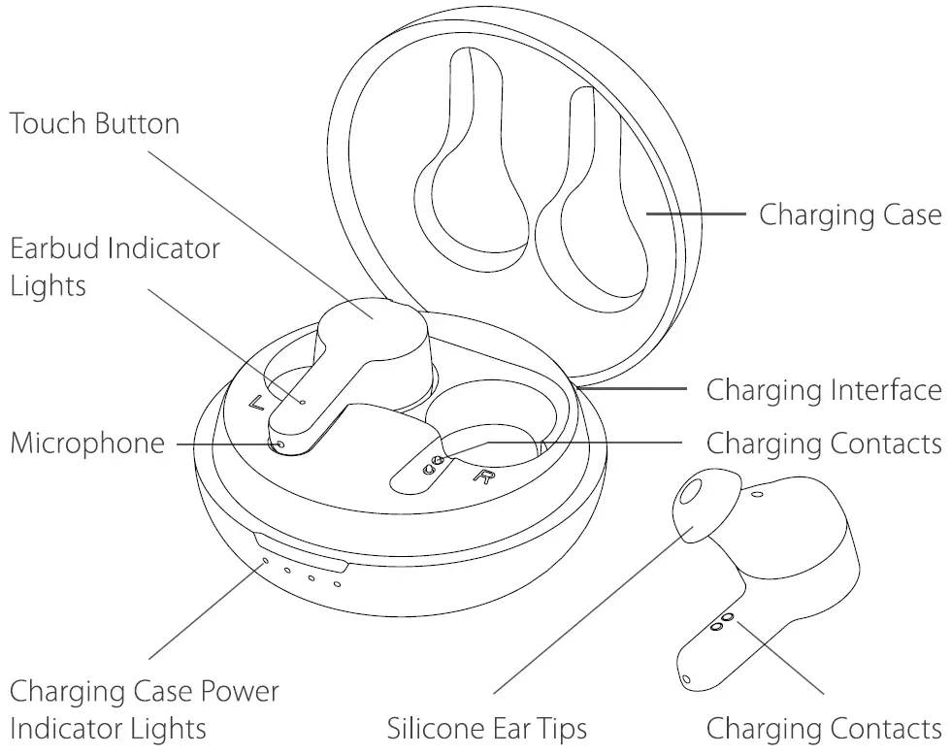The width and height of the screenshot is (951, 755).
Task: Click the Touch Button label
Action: coord(94,124)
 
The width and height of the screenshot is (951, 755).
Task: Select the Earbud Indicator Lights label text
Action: coord(115,266)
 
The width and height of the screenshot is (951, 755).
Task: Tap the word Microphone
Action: coord(87,443)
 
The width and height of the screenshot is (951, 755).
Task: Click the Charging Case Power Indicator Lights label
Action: coord(144,709)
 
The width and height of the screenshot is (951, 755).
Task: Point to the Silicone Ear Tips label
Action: coord(487,727)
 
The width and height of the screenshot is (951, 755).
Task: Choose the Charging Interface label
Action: coord(823,390)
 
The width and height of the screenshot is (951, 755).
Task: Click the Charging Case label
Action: coord(849,213)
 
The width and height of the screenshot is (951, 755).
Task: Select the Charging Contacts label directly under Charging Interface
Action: coord(823,443)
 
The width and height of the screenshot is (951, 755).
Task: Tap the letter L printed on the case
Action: coord(257,403)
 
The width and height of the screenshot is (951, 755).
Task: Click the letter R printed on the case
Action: coord(482,475)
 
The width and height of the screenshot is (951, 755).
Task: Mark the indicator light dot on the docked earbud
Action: coord(304,400)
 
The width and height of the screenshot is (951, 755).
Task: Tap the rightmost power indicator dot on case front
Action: coord(337,583)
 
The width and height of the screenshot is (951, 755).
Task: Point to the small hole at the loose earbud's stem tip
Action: coord(686,677)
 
